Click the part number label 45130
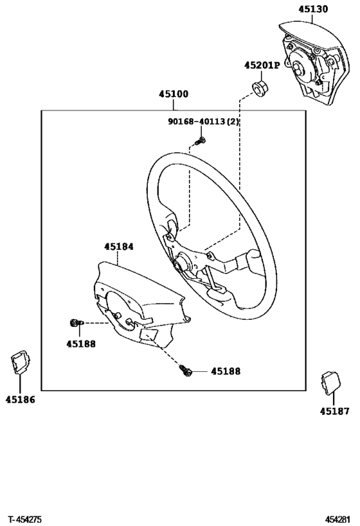click(313, 9)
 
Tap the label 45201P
click(262, 65)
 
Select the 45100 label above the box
click(174, 94)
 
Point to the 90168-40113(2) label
click(204, 121)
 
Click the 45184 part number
click(119, 245)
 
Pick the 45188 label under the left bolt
click(80, 343)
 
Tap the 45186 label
click(20, 399)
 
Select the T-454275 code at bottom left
click(25, 518)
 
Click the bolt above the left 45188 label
click(74, 323)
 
